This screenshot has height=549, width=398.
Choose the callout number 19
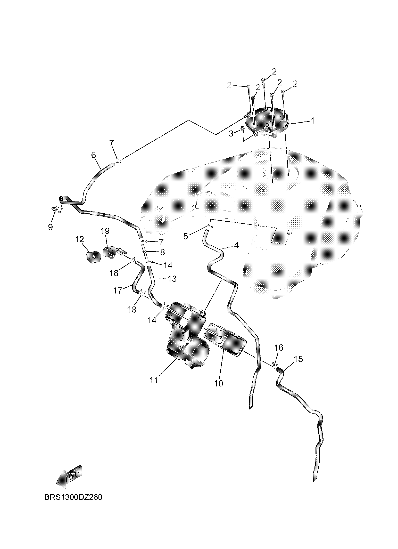click(105, 231)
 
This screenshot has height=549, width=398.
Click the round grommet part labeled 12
click(93, 257)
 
